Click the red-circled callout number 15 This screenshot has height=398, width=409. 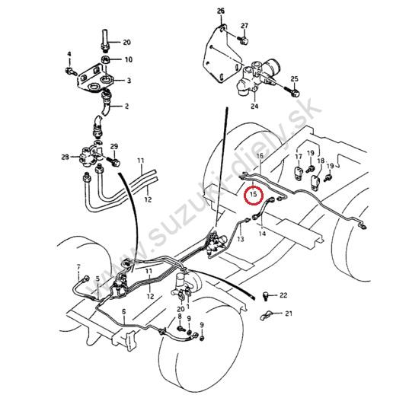253,194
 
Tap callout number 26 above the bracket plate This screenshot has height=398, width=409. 221,11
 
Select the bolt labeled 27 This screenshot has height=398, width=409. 244,40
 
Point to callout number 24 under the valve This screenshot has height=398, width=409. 254,106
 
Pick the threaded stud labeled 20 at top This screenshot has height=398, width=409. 105,40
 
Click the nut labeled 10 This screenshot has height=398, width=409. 105,60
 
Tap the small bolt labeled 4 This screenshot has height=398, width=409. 71,71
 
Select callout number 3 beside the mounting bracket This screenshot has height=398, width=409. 129,81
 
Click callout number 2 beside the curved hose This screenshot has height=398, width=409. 126,106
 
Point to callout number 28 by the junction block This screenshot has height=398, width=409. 66,158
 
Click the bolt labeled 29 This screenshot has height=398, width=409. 113,161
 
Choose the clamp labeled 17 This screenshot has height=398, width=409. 299,172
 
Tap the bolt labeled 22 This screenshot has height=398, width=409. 266,296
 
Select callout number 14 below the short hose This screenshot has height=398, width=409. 262,234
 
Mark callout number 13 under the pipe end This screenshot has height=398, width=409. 241,239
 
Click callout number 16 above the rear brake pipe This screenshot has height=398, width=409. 260,156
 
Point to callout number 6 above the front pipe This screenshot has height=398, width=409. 123,311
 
